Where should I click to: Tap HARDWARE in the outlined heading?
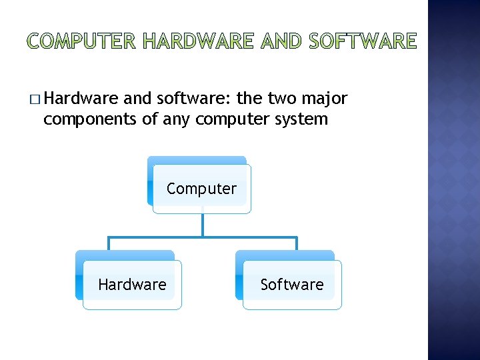tap(198, 41)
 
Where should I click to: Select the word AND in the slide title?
tap(282, 41)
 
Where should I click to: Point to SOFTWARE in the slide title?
tap(363, 41)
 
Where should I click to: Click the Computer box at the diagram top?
tap(201, 189)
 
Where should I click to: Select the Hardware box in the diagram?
tap(132, 285)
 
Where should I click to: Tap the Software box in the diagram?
tap(291, 285)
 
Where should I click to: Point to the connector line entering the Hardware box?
tap(107, 243)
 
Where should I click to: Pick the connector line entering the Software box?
tap(297, 243)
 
